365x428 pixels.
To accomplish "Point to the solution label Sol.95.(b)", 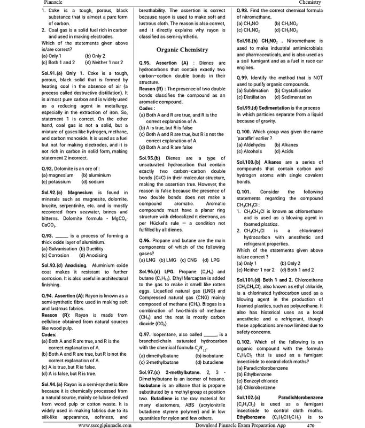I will coord(150,158).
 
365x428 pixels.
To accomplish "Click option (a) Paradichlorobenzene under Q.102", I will coord(267,368).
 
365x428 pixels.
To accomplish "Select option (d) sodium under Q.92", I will coord(93,181).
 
